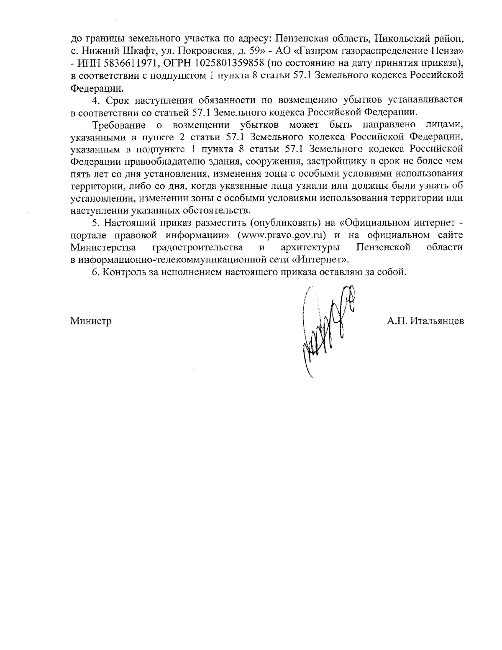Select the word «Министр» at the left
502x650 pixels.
click(91, 321)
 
